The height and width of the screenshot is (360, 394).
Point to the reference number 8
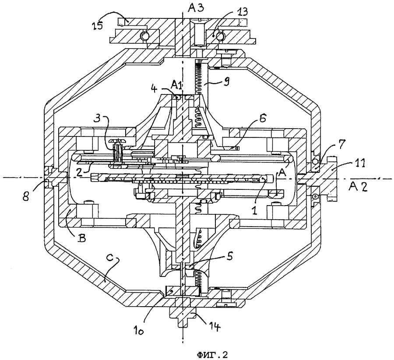click(27, 196)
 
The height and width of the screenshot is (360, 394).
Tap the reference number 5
click(229, 257)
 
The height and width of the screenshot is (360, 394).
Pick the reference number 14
click(215, 326)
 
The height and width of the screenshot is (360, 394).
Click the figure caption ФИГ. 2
click(212, 354)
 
